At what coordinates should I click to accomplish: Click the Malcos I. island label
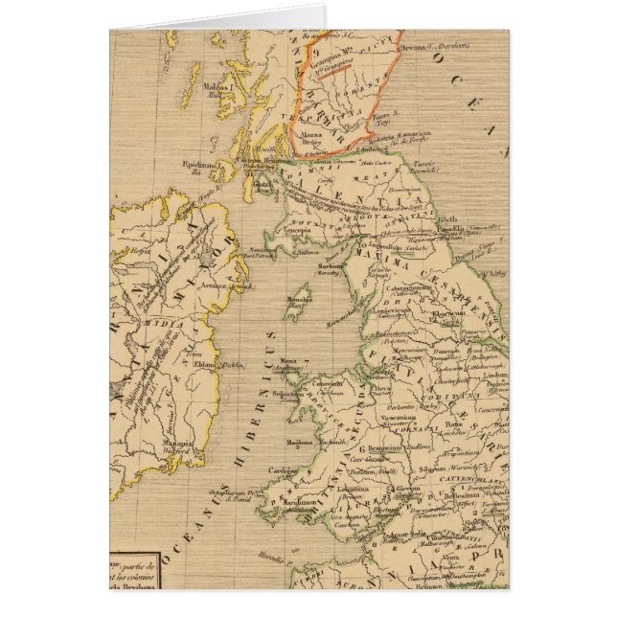218,87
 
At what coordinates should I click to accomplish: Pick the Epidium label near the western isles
197,163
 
